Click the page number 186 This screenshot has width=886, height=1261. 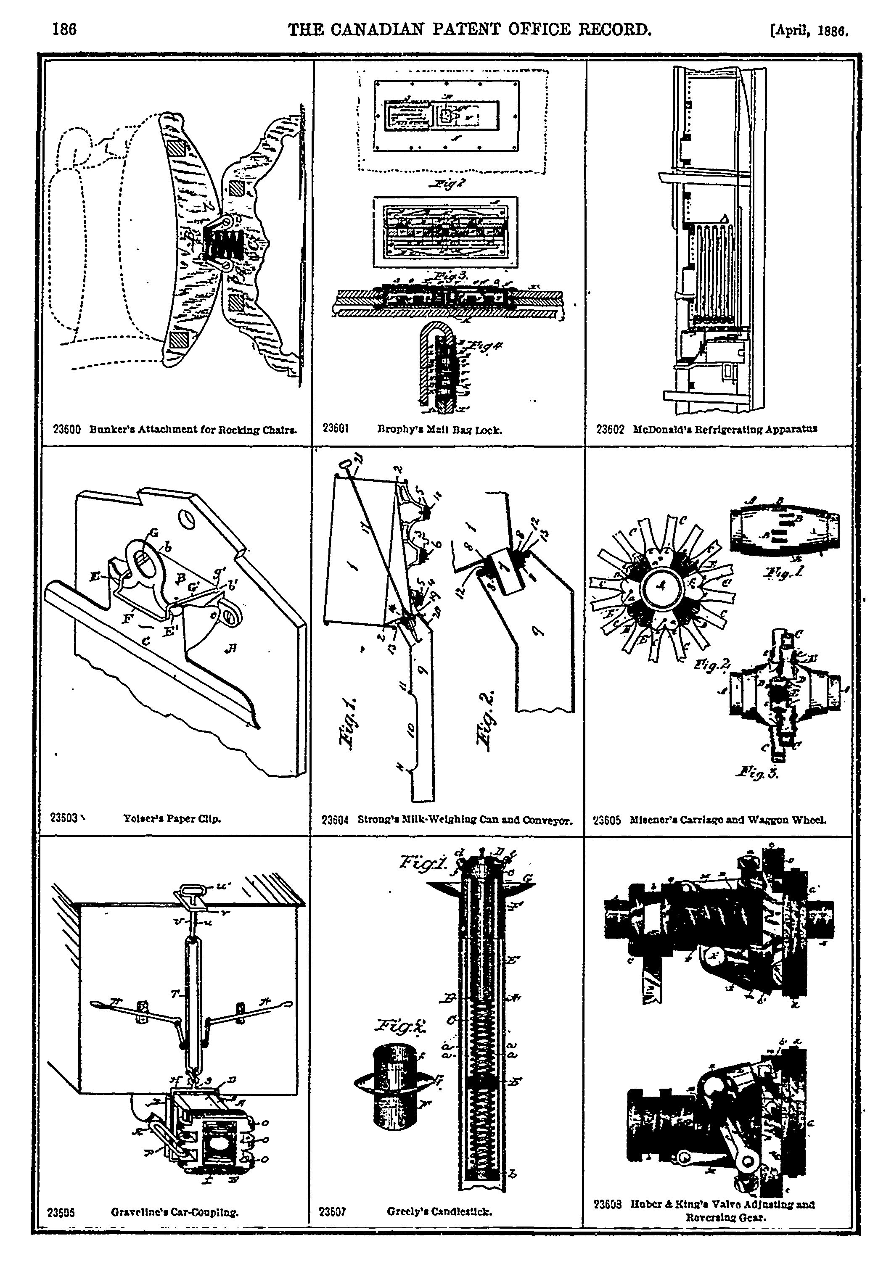click(x=64, y=29)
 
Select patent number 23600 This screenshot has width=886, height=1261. click(x=66, y=430)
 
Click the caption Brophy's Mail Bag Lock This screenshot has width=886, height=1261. click(x=439, y=430)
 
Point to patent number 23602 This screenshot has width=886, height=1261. click(x=610, y=430)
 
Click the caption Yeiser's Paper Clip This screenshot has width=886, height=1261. click(x=172, y=819)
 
